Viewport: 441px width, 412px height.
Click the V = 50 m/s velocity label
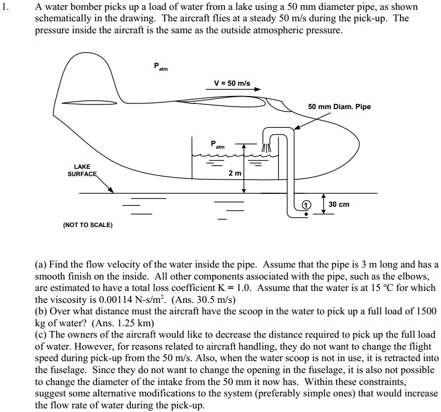point(232,83)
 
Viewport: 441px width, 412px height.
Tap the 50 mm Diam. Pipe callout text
point(339,107)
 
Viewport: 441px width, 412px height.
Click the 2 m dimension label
point(235,173)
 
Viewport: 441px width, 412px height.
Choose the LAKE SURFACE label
point(82,170)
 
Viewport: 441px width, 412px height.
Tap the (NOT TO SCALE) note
point(87,225)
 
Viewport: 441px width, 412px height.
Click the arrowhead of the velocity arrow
point(257,89)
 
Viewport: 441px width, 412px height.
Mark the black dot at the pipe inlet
point(306,214)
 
